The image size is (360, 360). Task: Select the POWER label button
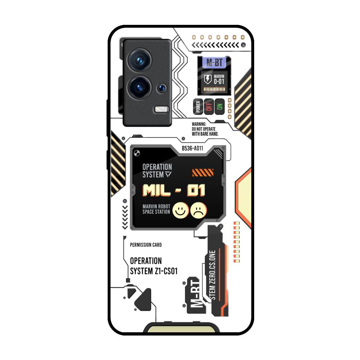point(198,107)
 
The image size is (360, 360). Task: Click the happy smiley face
point(181,210)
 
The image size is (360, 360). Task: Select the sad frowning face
point(199,210)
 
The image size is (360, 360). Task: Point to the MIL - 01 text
point(174,190)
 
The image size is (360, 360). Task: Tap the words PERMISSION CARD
point(146,245)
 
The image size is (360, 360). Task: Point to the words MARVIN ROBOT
point(156,207)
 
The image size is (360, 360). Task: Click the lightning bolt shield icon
point(208,79)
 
